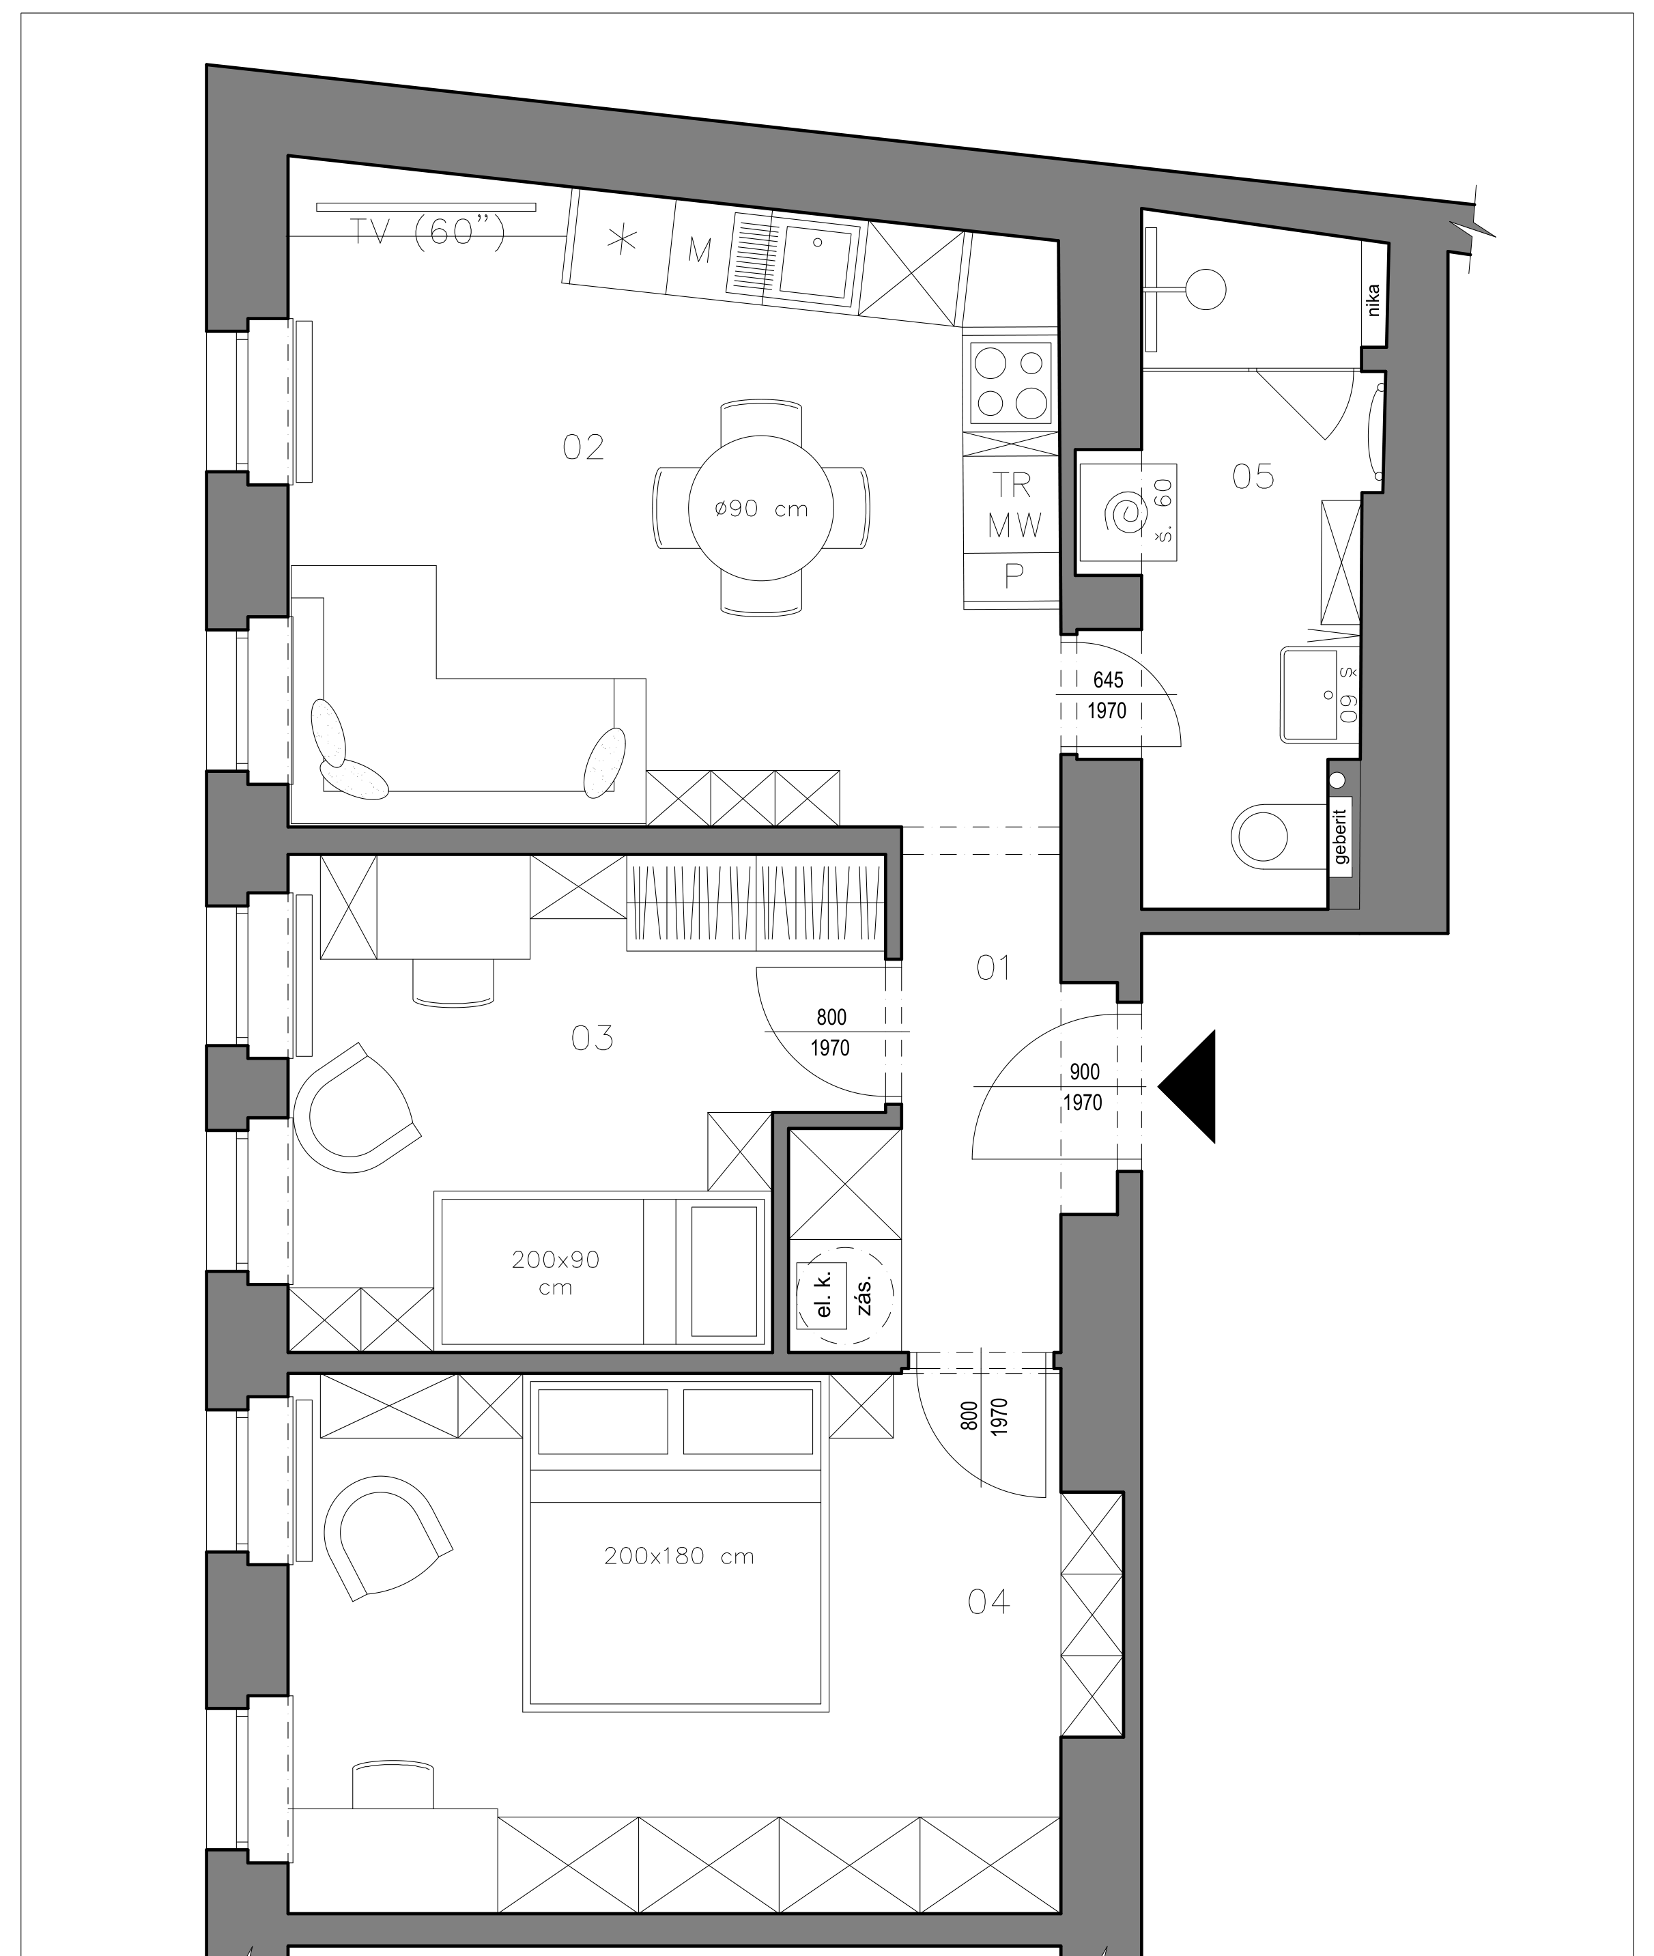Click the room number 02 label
(582, 447)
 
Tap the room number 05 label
(1253, 477)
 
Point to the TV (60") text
(427, 231)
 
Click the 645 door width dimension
(1107, 680)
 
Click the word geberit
(1341, 836)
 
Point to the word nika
(1373, 300)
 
